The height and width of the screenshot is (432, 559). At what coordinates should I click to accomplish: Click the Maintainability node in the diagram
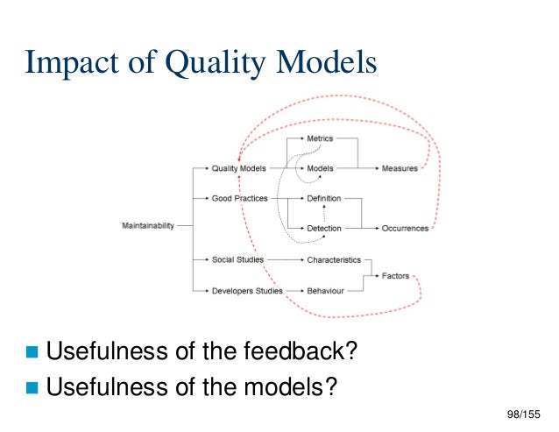[147, 226]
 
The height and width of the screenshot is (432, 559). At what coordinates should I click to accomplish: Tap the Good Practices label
[238, 199]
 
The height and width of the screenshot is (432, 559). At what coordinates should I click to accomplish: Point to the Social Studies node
[237, 260]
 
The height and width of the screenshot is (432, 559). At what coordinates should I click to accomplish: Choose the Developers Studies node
[247, 290]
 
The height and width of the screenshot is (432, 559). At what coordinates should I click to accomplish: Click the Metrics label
[320, 138]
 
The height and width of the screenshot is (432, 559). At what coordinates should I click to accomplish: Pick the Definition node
[323, 199]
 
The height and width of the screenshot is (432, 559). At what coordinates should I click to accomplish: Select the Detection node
[323, 229]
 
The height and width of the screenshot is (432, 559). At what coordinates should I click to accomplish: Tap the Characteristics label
[334, 260]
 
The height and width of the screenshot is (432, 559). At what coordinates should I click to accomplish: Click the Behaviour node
[325, 290]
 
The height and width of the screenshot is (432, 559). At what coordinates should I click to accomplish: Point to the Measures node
[400, 168]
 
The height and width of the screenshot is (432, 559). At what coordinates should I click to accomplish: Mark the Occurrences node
[405, 229]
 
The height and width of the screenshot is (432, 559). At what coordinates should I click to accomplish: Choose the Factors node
[395, 275]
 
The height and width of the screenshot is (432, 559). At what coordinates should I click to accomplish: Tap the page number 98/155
[524, 412]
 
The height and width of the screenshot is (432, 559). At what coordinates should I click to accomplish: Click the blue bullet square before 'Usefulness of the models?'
[33, 385]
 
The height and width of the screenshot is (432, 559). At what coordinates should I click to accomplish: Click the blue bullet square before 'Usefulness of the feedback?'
[33, 352]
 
